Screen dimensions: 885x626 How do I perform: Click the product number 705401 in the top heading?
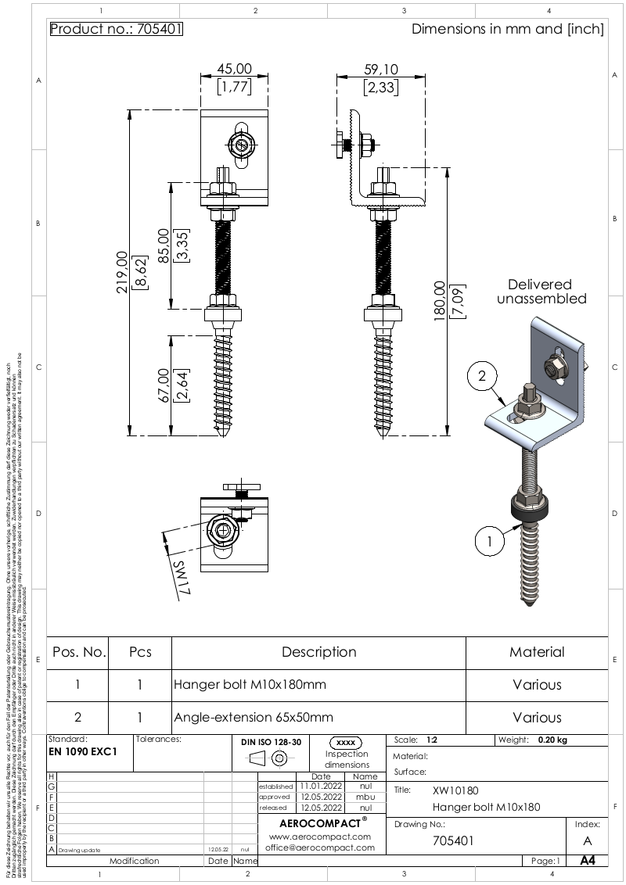coord(161,30)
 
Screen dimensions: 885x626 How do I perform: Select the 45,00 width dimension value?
coord(234,70)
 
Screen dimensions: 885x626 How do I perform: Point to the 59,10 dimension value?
coord(380,70)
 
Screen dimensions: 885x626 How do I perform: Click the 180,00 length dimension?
coord(438,301)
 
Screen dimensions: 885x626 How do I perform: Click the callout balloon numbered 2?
coord(483,376)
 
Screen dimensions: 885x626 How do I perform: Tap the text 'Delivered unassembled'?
coord(540,292)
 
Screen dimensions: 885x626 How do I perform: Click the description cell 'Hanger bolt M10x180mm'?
coord(250,685)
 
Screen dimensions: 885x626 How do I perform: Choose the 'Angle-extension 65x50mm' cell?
coord(254,717)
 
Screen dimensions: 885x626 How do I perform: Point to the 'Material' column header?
coord(537,652)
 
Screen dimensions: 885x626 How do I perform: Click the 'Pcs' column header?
coord(139,652)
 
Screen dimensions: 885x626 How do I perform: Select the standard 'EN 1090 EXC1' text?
coord(83,752)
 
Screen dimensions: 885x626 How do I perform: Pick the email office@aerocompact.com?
coord(319,847)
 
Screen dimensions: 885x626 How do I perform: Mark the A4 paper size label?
coord(587,861)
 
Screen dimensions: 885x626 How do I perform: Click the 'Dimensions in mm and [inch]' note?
coord(508,30)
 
